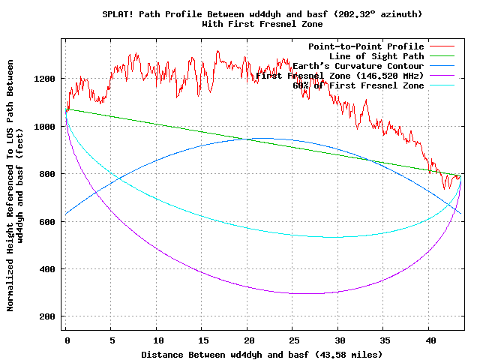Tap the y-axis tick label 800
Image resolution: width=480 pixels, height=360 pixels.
tap(46, 174)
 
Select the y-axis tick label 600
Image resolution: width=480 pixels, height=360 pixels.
tap(46, 221)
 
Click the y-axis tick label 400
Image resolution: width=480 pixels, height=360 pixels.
tap(46, 268)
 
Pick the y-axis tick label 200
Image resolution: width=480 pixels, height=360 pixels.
tap(46, 316)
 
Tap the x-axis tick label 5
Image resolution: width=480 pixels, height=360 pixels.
tap(112, 340)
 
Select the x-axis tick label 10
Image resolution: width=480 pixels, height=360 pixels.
tap(157, 340)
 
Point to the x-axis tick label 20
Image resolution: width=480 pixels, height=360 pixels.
tap(247, 340)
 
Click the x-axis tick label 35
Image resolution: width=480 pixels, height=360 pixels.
tap(384, 340)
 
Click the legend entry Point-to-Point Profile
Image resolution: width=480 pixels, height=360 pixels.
tap(366, 46)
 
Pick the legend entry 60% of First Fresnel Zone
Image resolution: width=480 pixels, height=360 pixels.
tap(358, 85)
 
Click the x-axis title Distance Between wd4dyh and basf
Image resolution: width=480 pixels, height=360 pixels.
tap(225, 354)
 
